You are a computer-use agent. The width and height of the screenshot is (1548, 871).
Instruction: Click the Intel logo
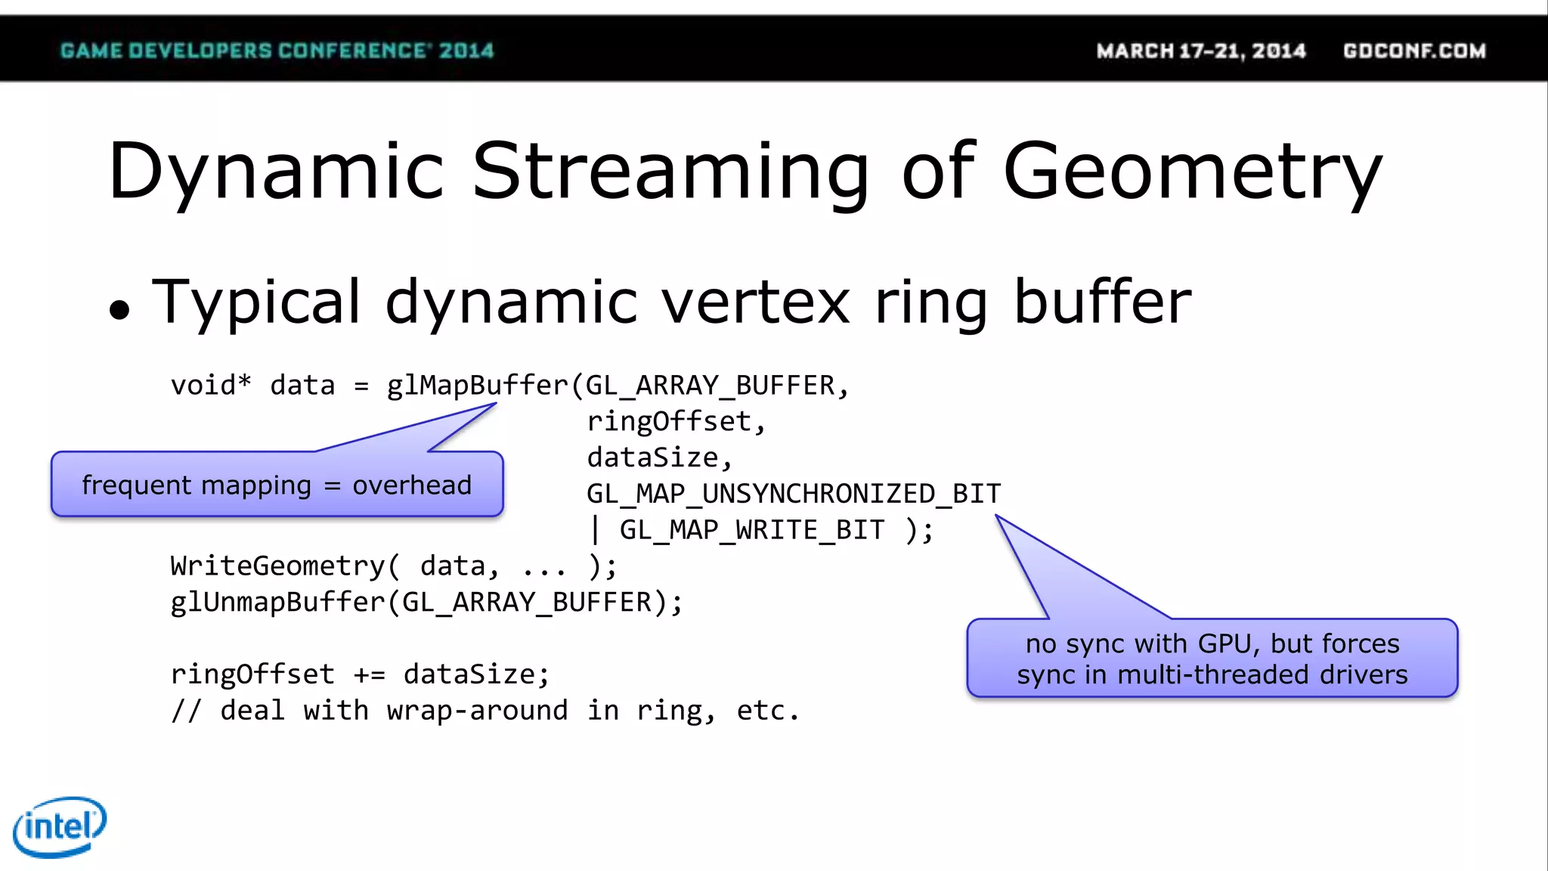(60, 826)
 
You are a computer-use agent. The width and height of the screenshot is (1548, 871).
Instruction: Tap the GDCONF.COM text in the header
(1414, 51)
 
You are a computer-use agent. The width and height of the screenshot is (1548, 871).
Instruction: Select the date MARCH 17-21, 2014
(1201, 51)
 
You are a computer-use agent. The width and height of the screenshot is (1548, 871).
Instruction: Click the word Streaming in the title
(670, 172)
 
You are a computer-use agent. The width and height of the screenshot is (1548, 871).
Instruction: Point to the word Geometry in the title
(1193, 172)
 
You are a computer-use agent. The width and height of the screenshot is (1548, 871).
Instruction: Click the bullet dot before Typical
(119, 309)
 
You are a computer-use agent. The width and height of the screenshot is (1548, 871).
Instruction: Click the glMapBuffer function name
(477, 386)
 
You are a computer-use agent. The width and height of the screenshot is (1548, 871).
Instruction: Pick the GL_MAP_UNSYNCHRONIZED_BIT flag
(794, 494)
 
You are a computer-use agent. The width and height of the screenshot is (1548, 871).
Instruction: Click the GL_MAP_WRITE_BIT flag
(752, 530)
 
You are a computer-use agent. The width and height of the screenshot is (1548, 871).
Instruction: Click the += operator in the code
(369, 674)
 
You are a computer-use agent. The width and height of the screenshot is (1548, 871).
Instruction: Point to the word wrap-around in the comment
(477, 711)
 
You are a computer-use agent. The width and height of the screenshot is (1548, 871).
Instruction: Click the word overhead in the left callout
(412, 485)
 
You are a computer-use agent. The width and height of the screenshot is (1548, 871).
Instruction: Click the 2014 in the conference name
(466, 51)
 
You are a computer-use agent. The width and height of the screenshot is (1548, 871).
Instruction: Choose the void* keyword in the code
(211, 386)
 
